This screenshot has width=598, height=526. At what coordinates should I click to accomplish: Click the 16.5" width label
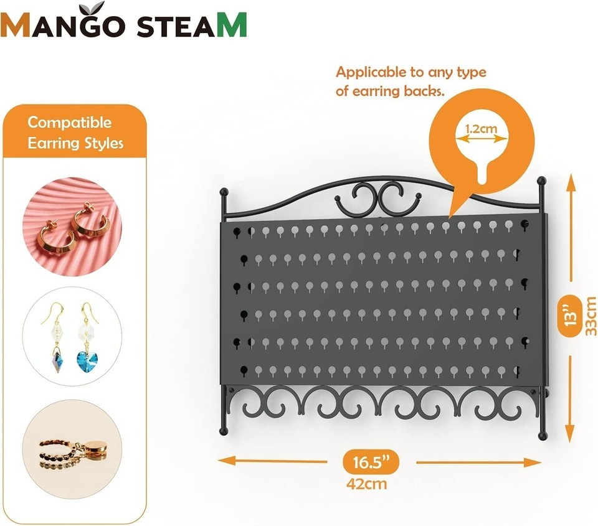coord(371,462)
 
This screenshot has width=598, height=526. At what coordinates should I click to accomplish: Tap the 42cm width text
coord(366,484)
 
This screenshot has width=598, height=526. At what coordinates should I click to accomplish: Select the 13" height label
coord(571,315)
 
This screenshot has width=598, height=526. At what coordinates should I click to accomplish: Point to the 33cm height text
coord(591,316)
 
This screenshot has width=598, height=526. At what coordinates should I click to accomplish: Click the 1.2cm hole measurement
coord(482,128)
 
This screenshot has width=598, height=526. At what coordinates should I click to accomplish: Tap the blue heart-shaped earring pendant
coord(87,361)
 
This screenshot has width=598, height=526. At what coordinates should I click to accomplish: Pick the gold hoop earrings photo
coord(72,227)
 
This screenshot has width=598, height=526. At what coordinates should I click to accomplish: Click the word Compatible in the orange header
coord(69,123)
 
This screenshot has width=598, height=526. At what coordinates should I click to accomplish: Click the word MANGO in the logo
coord(63,25)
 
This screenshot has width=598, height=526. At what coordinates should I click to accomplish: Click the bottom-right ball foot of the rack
coord(542,436)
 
